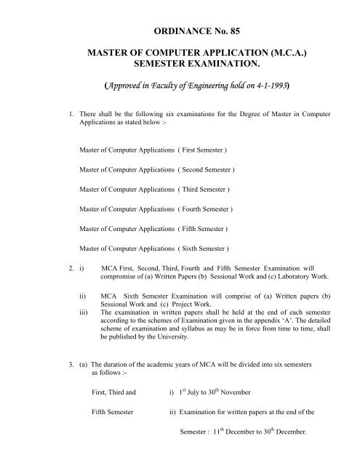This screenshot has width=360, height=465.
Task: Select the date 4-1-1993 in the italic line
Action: coord(271,105)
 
